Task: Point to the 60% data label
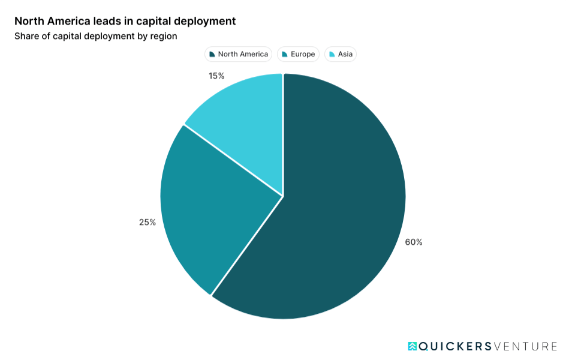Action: click(414, 242)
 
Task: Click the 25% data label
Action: click(147, 222)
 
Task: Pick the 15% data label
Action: click(216, 76)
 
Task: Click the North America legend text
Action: click(243, 54)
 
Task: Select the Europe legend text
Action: click(303, 54)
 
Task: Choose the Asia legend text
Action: click(345, 54)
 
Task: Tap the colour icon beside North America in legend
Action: click(212, 55)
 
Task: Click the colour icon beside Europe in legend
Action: click(284, 55)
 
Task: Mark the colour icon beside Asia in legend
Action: click(332, 55)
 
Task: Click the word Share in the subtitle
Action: click(26, 36)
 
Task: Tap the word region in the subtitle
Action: click(163, 36)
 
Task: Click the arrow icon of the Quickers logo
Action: click(413, 346)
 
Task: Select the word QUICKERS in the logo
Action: click(454, 346)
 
